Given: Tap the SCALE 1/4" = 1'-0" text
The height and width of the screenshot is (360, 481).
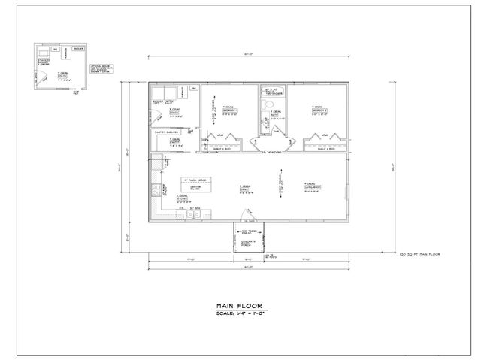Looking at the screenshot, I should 240,313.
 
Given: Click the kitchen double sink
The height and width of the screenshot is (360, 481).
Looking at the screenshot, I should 193,215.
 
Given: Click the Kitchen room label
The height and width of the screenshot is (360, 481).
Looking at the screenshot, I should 182,199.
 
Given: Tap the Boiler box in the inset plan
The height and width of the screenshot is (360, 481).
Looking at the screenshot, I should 79,49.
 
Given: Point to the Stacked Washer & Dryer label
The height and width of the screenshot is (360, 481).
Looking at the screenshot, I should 44,62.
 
